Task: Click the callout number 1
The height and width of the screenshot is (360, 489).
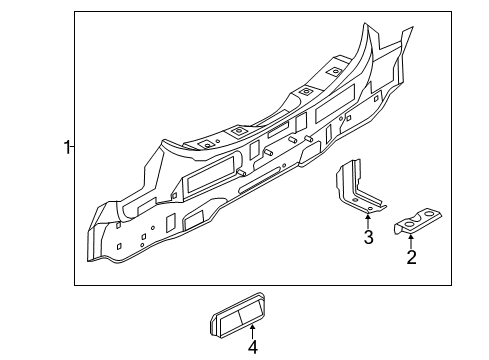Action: pyautogui.click(x=66, y=148)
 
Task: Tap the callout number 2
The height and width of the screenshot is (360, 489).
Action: pyautogui.click(x=411, y=258)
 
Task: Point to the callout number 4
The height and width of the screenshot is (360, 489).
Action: pyautogui.click(x=253, y=347)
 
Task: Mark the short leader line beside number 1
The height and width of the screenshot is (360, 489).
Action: pyautogui.click(x=74, y=148)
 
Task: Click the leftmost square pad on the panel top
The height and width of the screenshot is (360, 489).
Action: pyautogui.click(x=204, y=144)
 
